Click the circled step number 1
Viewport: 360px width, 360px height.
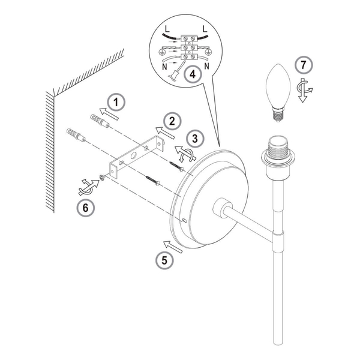click(116, 103)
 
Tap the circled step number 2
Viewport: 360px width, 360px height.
click(172, 121)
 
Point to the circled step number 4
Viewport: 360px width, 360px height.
click(193, 74)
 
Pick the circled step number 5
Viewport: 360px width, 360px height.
click(164, 260)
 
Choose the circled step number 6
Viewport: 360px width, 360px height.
click(85, 208)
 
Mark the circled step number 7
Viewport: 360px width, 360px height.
click(304, 65)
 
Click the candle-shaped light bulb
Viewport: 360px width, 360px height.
click(278, 92)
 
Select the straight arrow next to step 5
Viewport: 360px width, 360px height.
click(173, 247)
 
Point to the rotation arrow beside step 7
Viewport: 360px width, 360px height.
click(304, 90)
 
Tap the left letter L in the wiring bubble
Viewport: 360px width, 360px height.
click(167, 29)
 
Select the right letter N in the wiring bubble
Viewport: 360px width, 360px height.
click(206, 67)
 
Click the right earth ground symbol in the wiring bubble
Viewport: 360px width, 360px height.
click(208, 52)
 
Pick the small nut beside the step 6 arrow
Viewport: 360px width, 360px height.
click(102, 177)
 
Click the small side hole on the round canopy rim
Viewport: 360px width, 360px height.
click(184, 221)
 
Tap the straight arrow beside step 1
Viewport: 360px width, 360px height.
click(109, 113)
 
